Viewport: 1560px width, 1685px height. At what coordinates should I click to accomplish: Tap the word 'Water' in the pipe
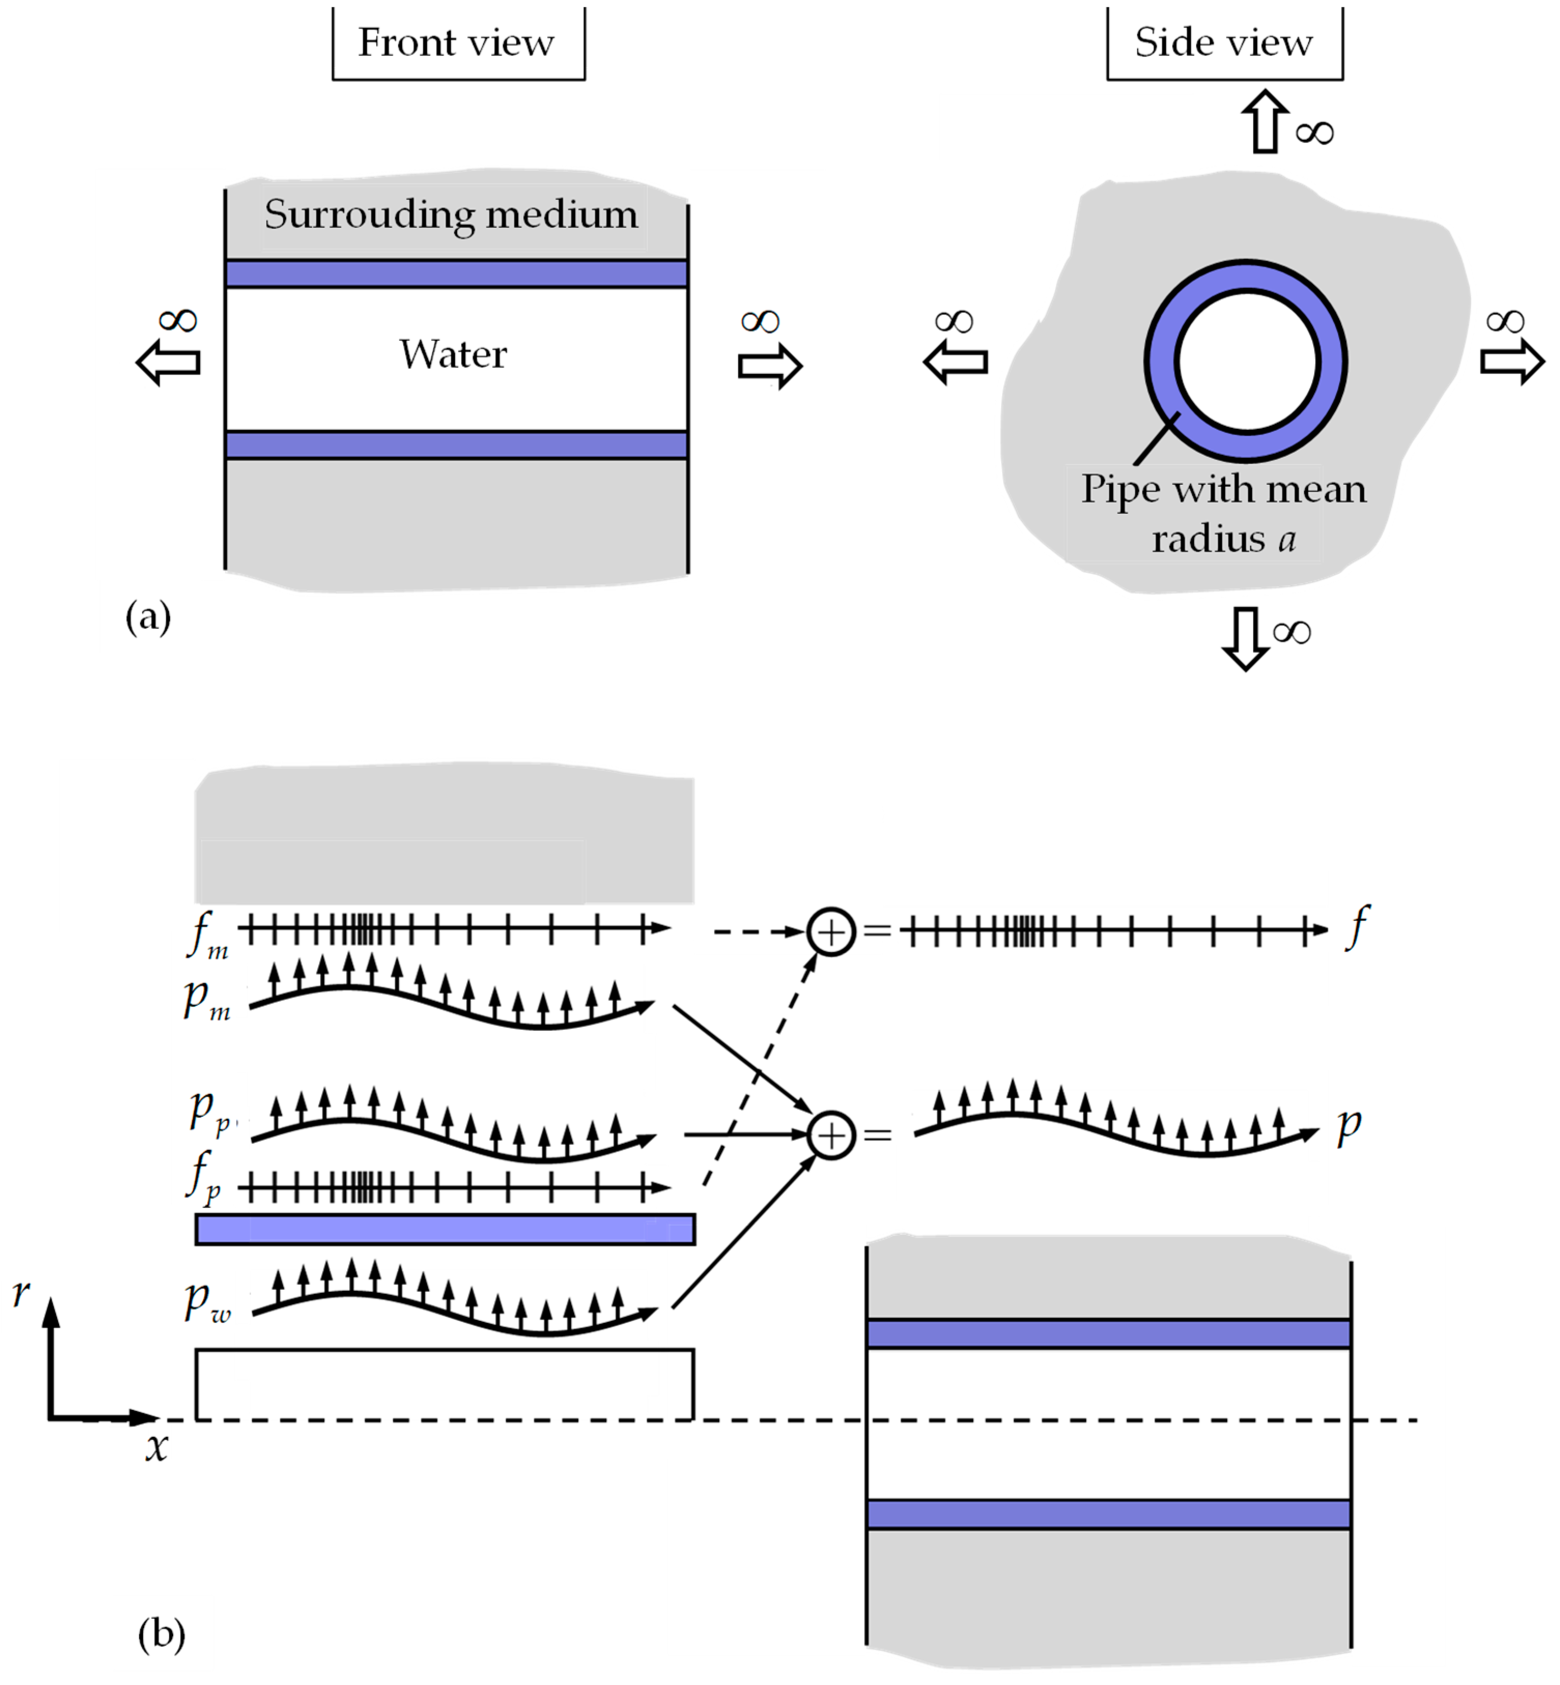(x=453, y=354)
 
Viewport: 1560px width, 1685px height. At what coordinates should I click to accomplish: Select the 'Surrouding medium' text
(x=452, y=214)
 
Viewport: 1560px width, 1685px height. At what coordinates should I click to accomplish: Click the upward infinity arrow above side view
(x=1265, y=122)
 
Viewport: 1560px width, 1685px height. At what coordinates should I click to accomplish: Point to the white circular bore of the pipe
(x=1247, y=361)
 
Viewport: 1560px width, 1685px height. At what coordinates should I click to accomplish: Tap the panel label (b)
(x=161, y=1634)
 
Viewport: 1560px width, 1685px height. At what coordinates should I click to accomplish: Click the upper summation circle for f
(x=832, y=931)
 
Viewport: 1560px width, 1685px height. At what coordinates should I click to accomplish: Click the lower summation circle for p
(x=832, y=1135)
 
